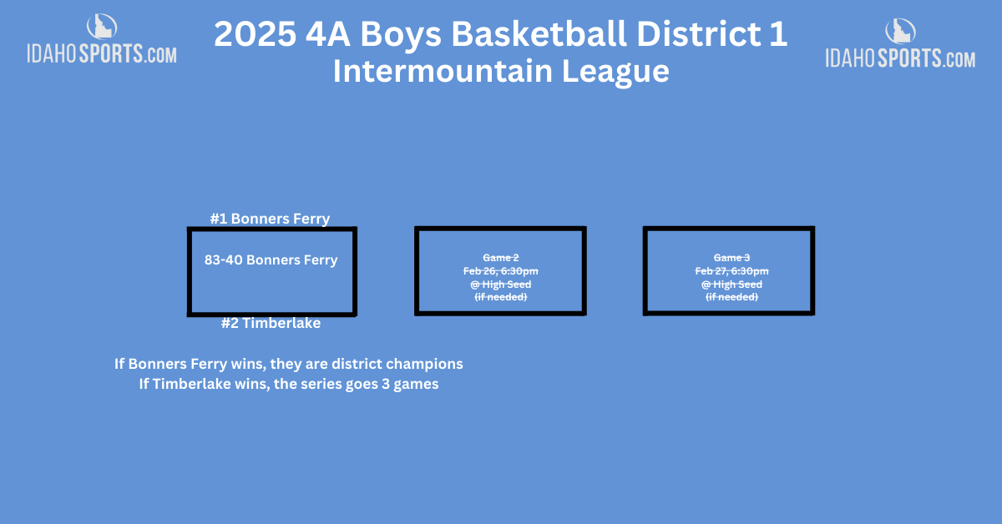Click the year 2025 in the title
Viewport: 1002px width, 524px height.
[x=255, y=34]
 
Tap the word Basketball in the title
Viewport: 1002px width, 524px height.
[x=539, y=34]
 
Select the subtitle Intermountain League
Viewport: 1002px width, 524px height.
[x=501, y=71]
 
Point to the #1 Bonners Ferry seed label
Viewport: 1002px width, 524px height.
[x=270, y=219]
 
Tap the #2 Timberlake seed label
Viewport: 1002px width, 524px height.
[x=271, y=323]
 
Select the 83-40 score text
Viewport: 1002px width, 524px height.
[x=223, y=259]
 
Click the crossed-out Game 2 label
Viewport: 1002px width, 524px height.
[x=500, y=258]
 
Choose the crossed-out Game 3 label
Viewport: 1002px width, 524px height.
[x=731, y=258]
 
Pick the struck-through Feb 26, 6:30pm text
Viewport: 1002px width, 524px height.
[x=500, y=271]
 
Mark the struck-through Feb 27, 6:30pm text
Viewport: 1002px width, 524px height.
[x=731, y=271]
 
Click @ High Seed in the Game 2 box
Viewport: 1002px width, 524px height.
[x=500, y=285]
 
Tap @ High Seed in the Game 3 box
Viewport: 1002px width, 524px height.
[x=731, y=285]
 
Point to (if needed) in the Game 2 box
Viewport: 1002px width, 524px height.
[x=500, y=297]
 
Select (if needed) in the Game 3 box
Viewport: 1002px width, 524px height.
[x=731, y=297]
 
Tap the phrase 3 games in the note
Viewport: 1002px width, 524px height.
[x=410, y=384]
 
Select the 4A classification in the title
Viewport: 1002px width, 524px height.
[x=328, y=34]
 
